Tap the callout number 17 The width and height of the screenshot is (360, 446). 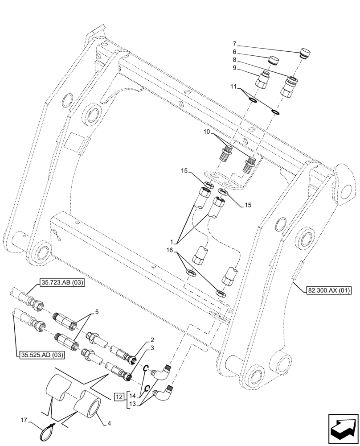[24, 420]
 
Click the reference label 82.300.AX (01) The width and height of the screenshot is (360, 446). [329, 291]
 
